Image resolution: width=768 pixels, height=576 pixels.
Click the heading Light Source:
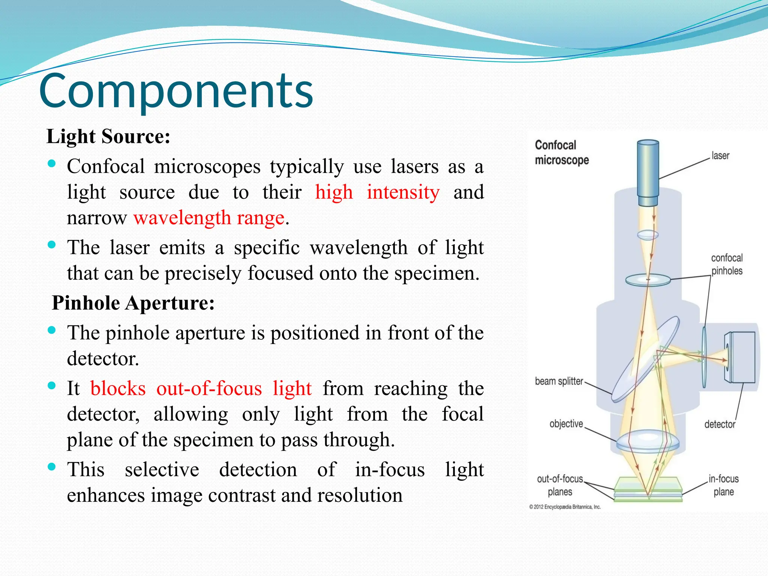point(108,136)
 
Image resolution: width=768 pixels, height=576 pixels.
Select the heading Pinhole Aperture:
point(133,303)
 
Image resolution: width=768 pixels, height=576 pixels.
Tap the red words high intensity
point(377,192)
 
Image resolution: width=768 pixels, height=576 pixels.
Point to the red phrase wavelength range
point(209,218)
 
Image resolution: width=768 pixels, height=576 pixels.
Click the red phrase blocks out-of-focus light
point(201,388)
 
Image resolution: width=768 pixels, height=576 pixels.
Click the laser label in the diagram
point(720,156)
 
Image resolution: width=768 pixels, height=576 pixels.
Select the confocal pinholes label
point(726,264)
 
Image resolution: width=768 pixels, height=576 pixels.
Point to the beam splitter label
point(559,381)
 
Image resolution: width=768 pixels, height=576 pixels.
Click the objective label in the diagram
point(566,424)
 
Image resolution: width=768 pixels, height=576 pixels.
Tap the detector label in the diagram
point(719,424)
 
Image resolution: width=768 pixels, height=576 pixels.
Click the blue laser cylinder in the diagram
point(648,172)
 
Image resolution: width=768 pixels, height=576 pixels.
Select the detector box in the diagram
point(741,357)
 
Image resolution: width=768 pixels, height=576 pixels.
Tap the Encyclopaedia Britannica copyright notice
point(565,507)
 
